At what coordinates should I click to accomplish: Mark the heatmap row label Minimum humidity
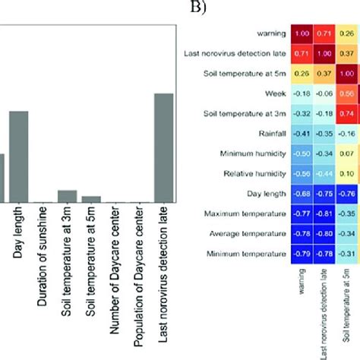click(253, 154)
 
